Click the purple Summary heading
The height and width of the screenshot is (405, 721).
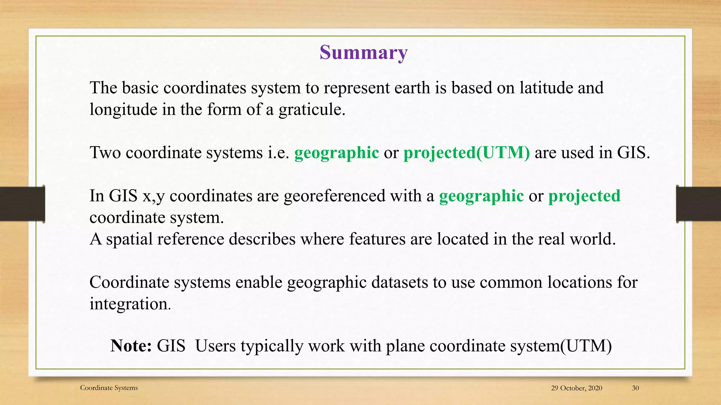[x=363, y=53]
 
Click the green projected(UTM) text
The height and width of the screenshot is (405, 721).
[x=466, y=153]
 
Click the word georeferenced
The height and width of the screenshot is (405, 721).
[x=334, y=196]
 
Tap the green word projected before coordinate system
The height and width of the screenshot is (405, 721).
[x=584, y=196]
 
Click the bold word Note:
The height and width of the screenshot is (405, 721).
[x=131, y=346]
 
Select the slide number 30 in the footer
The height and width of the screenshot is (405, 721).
[x=635, y=388]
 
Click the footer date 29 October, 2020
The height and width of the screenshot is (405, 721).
[x=576, y=388]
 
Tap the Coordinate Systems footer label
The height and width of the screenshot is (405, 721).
[x=109, y=388]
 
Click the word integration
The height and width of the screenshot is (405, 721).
[x=130, y=304]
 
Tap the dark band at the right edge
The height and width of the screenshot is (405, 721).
[x=698, y=204]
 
